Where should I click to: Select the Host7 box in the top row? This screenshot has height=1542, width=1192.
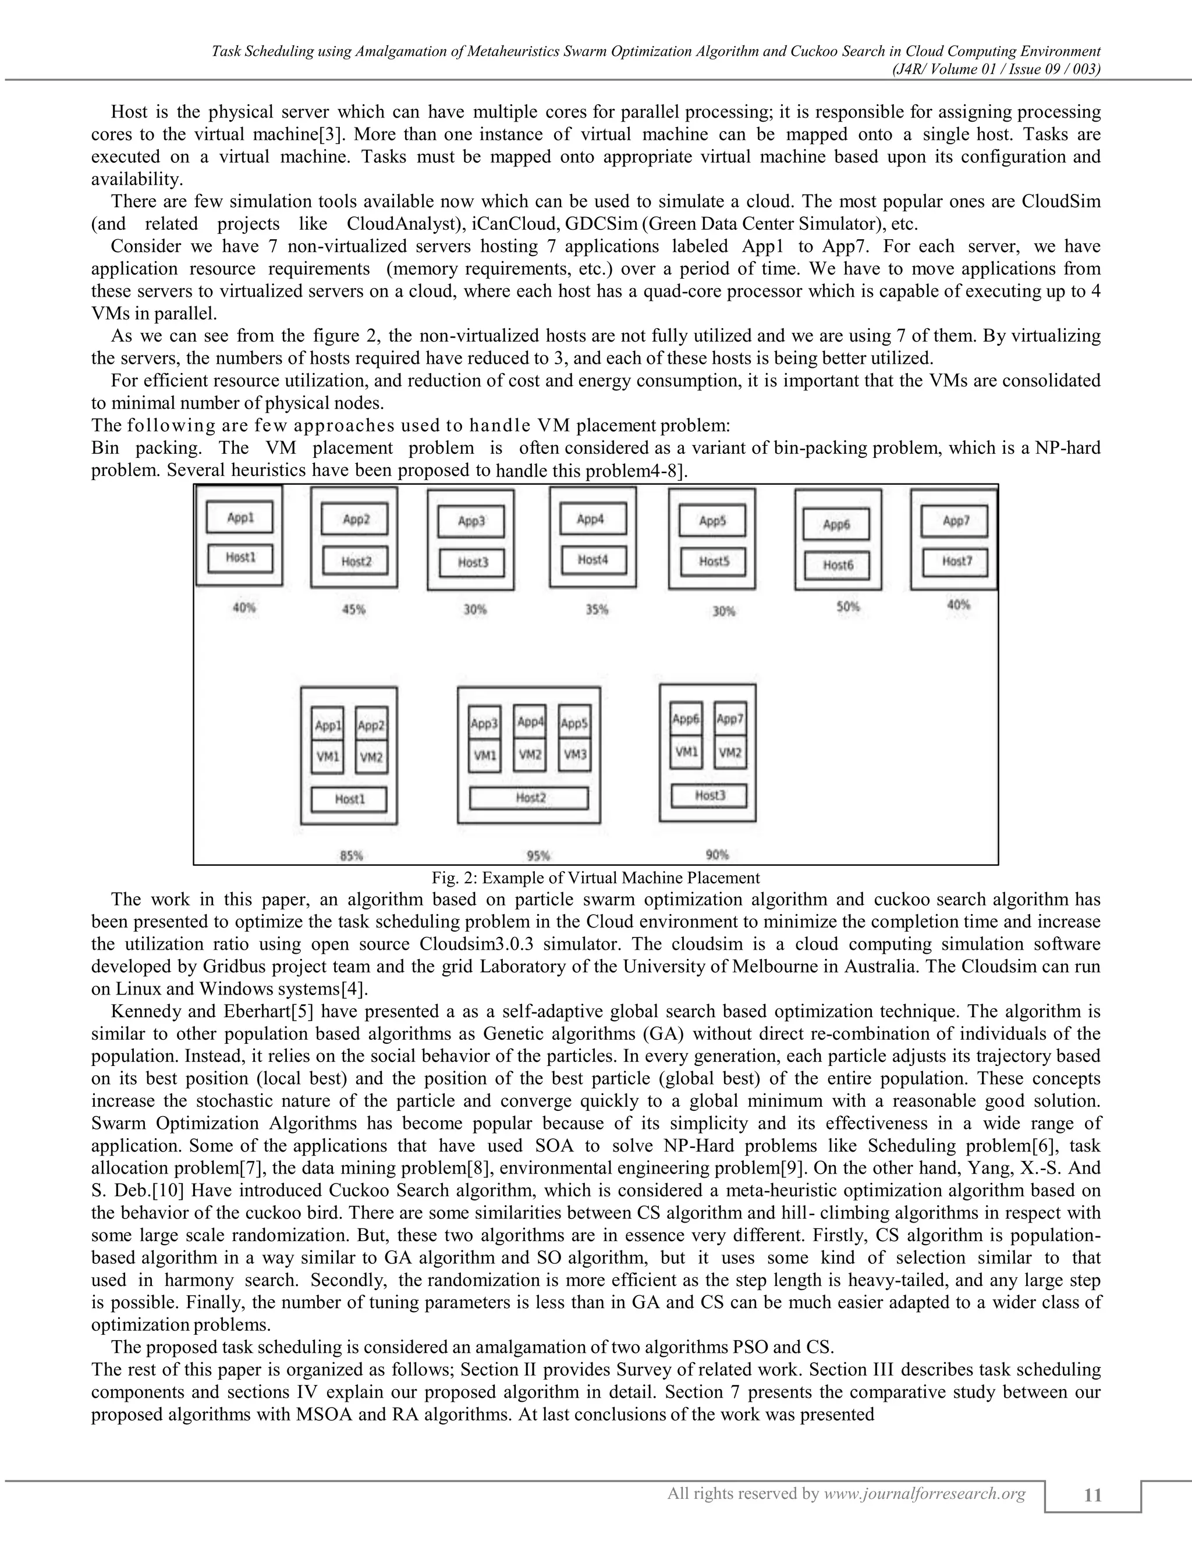(955, 562)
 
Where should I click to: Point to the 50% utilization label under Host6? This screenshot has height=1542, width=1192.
(848, 606)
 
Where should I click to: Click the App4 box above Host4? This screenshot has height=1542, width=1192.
(593, 520)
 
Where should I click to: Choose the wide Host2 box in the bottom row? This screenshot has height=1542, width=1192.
(530, 798)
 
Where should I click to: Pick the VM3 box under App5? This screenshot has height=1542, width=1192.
(575, 755)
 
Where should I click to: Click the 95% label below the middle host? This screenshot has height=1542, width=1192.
(538, 856)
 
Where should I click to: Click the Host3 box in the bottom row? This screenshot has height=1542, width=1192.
(708, 795)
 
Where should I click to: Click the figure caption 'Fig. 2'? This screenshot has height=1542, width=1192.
(595, 878)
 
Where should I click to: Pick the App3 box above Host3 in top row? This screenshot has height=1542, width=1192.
(471, 522)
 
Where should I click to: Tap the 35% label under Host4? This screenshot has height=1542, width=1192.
(597, 609)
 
